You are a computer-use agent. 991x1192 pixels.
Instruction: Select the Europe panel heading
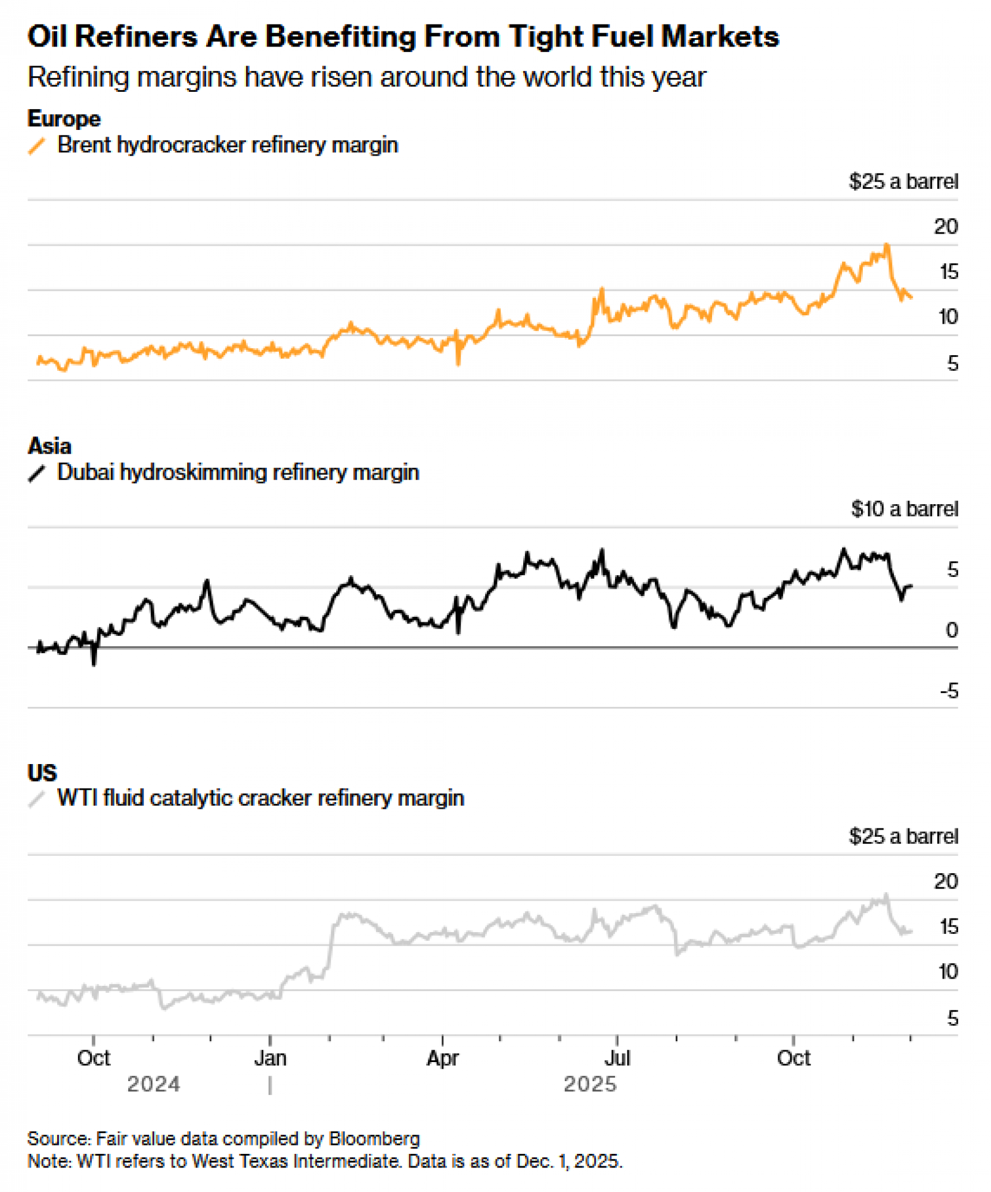tap(64, 119)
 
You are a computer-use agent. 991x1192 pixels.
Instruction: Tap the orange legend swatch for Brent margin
tap(37, 146)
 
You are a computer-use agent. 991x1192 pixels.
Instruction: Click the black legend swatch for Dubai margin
tap(37, 474)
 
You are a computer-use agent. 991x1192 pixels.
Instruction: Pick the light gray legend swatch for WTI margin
tap(37, 799)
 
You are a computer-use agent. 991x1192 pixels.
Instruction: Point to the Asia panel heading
tap(49, 446)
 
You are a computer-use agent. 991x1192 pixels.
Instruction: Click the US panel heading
tap(42, 772)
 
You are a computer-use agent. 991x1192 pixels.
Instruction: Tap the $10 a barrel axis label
tap(904, 508)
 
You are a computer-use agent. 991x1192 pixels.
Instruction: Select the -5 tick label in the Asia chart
tap(949, 691)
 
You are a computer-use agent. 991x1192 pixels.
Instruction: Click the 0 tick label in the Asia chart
tap(952, 630)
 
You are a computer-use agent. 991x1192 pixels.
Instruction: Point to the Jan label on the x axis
tap(270, 1058)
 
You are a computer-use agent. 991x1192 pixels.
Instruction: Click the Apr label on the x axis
tap(442, 1058)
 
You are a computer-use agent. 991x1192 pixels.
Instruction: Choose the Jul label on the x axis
tap(617, 1058)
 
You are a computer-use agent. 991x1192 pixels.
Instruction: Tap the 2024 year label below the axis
tap(153, 1084)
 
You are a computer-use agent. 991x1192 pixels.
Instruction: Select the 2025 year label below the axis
tap(590, 1084)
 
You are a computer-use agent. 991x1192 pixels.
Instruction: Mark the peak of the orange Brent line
tap(887, 245)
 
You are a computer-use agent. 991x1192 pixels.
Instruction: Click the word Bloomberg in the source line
tap(374, 1138)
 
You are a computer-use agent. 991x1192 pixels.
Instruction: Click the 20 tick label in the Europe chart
tap(946, 226)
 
